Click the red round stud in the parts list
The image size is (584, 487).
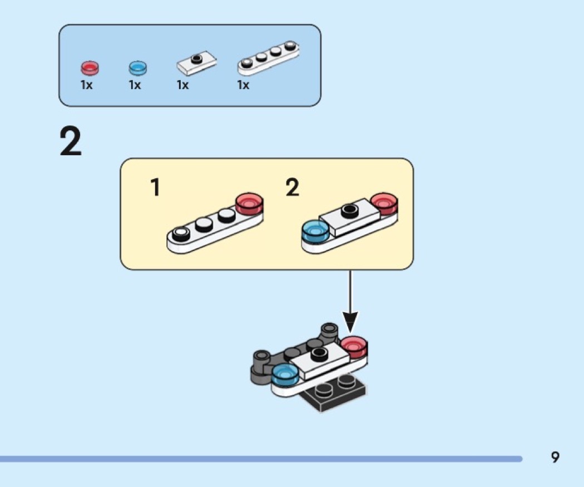(x=89, y=68)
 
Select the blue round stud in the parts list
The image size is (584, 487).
(x=137, y=68)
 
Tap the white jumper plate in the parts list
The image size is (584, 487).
(x=196, y=63)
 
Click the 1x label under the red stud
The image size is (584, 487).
(x=87, y=85)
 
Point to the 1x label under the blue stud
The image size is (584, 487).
(x=135, y=85)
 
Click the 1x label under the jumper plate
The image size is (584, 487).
(x=183, y=85)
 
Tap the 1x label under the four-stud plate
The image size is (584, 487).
(x=243, y=85)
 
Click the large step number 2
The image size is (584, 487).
(x=71, y=142)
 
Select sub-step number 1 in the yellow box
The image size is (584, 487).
(x=155, y=188)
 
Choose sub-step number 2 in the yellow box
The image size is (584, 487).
(x=292, y=188)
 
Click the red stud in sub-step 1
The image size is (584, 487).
(x=249, y=204)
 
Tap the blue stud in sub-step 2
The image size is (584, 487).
(x=315, y=232)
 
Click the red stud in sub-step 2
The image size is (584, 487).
(x=384, y=204)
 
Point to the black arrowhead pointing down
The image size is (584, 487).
(x=350, y=321)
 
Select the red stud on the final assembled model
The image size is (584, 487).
(x=354, y=347)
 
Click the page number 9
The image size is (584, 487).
(x=555, y=458)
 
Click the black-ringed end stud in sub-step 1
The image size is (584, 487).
(x=179, y=234)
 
